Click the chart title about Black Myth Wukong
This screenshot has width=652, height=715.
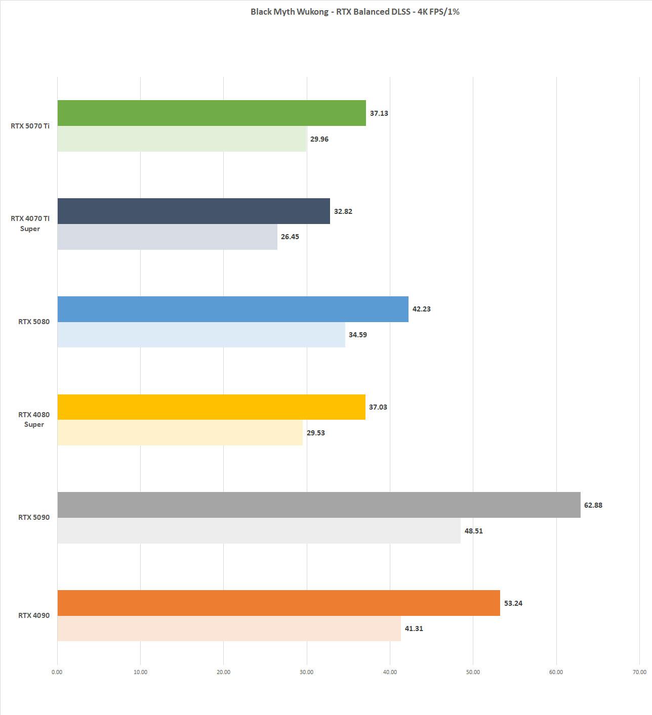pyautogui.click(x=355, y=12)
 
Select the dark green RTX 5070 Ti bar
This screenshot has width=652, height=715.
pyautogui.click(x=212, y=113)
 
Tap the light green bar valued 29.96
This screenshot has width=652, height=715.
pyautogui.click(x=182, y=139)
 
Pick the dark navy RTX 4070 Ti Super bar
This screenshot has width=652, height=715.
pyautogui.click(x=193, y=211)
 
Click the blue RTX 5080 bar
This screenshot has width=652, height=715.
pyautogui.click(x=233, y=309)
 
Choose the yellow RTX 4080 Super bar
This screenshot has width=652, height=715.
pyautogui.click(x=211, y=407)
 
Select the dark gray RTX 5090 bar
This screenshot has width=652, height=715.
pyautogui.click(x=319, y=505)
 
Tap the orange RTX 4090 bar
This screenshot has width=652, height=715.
pyautogui.click(x=278, y=603)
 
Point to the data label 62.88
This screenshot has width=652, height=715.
pyautogui.click(x=593, y=505)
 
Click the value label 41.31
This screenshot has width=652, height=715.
pyautogui.click(x=414, y=629)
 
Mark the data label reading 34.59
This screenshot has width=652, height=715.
pyautogui.click(x=357, y=335)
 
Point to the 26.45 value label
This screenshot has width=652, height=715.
pyautogui.click(x=290, y=237)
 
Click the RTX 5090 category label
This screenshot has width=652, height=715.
pyautogui.click(x=34, y=517)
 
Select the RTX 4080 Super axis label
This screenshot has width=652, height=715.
pyautogui.click(x=34, y=420)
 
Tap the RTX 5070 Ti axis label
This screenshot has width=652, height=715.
pyautogui.click(x=30, y=126)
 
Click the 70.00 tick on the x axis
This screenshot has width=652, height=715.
pyautogui.click(x=639, y=672)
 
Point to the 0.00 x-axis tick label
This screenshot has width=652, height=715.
pyautogui.click(x=57, y=672)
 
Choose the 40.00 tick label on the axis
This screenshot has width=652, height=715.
pyautogui.click(x=390, y=672)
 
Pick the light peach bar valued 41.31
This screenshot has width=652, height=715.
pyautogui.click(x=229, y=629)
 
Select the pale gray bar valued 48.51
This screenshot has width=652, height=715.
pyautogui.click(x=259, y=530)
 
